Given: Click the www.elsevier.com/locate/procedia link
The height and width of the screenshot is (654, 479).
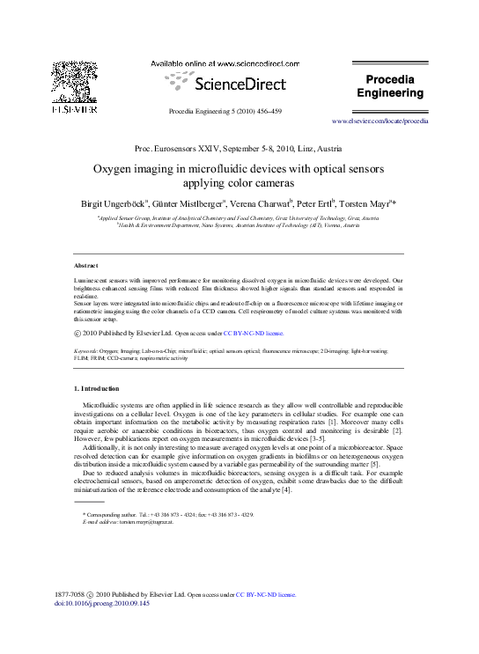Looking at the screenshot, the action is [x=380, y=121].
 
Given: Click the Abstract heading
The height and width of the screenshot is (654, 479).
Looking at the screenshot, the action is [x=86, y=265].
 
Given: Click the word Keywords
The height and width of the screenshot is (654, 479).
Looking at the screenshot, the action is [x=86, y=351].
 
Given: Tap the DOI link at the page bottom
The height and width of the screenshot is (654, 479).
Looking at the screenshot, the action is [x=102, y=603].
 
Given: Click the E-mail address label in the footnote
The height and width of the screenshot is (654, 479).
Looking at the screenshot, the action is [x=98, y=522].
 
